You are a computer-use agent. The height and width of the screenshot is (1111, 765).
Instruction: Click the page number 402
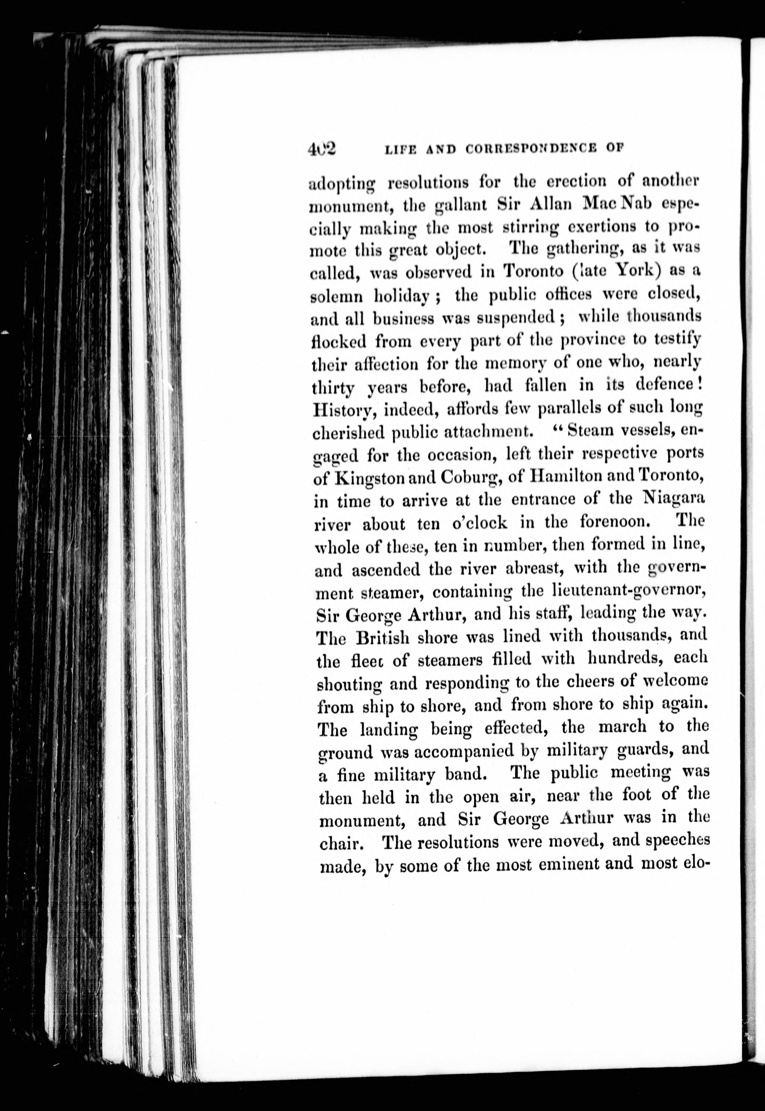click(323, 149)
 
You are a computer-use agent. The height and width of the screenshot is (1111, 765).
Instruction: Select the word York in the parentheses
click(633, 271)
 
